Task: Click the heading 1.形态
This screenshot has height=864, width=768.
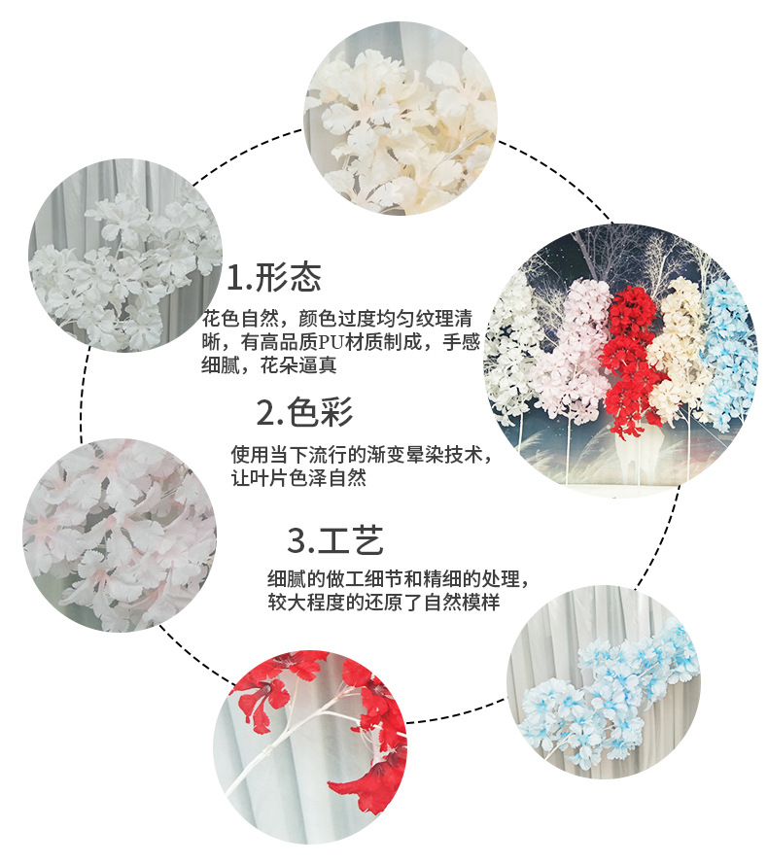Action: [274, 280]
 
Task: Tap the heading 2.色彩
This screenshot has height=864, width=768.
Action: [304, 413]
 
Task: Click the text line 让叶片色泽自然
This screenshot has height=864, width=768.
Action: [297, 479]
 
